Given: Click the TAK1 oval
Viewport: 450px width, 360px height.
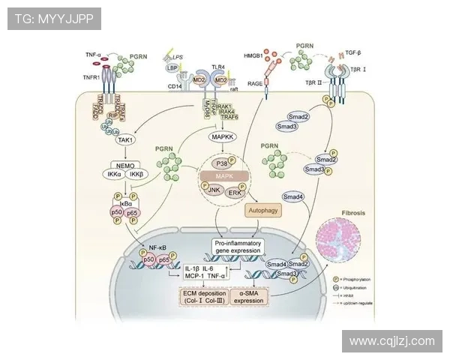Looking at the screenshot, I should point(125,139).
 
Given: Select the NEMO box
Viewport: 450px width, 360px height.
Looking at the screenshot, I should point(125,163).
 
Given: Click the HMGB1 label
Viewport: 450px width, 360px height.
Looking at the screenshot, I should point(255,55).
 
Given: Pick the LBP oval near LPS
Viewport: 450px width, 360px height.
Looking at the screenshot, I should point(172,67).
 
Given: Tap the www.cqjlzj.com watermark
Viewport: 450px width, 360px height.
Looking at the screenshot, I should point(391,341).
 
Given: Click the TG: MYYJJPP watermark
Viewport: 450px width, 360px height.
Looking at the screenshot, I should point(53,19).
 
